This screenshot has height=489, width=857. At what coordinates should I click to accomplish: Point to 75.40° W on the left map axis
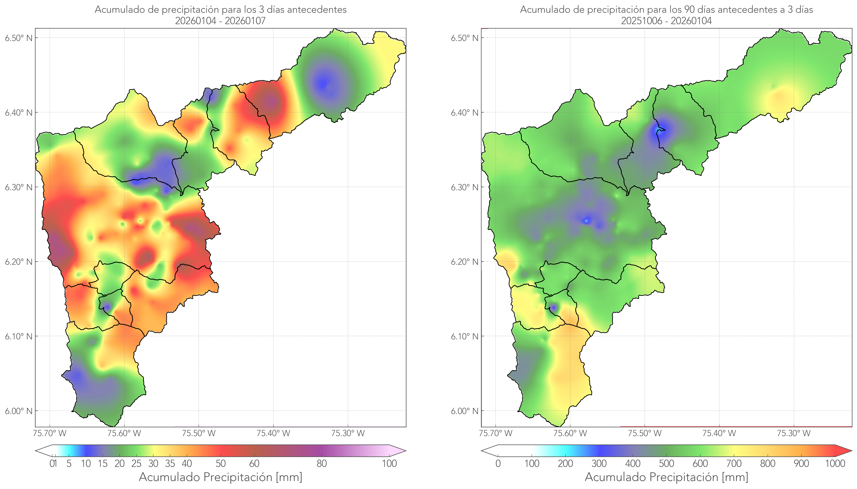click(x=273, y=433)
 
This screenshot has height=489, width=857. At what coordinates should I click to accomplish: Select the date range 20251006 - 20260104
click(x=666, y=21)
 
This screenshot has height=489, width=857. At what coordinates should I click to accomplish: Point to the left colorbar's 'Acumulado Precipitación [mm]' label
click(x=221, y=477)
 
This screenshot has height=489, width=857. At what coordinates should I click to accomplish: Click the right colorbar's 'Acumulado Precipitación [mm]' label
click(x=666, y=477)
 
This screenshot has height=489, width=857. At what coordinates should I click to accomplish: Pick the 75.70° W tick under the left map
click(x=50, y=433)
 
